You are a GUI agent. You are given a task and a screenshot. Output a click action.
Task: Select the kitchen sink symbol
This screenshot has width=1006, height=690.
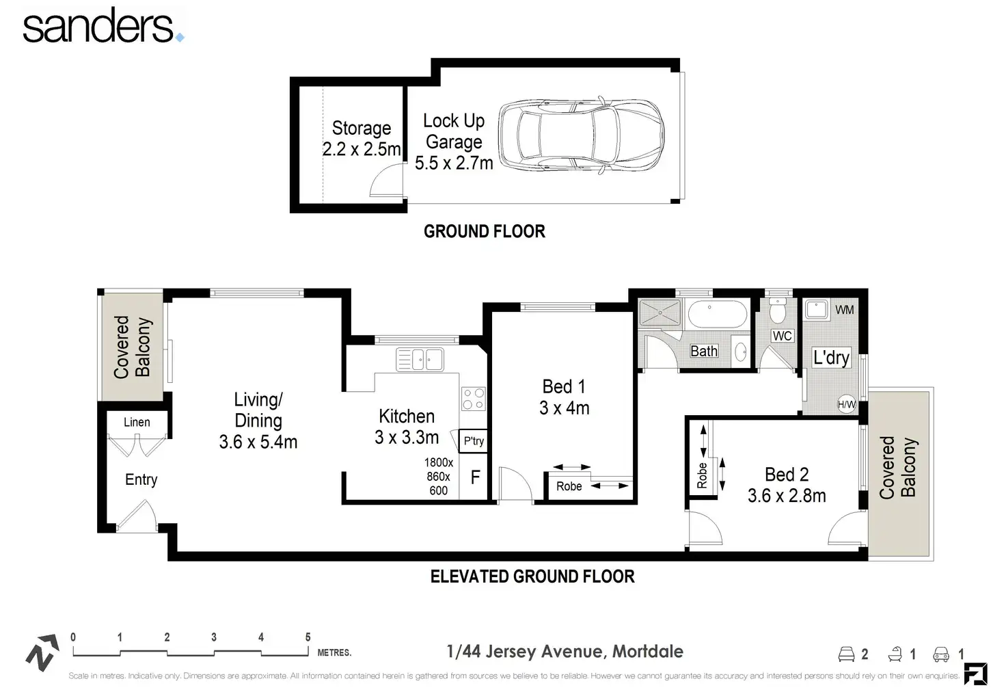click(420, 360)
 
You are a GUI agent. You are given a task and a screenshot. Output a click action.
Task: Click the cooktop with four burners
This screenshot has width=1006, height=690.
click(474, 399)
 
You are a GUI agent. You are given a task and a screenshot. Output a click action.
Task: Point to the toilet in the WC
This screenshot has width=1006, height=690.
click(778, 310)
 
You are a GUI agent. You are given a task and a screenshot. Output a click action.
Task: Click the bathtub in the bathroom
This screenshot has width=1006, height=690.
click(717, 314)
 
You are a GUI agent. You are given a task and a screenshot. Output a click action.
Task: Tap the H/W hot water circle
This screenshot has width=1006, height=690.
click(847, 405)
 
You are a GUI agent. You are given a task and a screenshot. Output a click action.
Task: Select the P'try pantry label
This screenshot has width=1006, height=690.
click(474, 441)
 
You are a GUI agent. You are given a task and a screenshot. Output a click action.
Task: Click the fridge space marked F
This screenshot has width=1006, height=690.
click(475, 477)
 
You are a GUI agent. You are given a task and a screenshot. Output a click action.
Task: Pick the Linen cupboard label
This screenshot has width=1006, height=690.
click(137, 422)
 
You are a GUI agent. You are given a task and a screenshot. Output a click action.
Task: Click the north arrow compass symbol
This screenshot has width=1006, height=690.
click(42, 652)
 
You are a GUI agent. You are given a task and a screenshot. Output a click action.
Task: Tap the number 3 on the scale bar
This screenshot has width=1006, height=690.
click(214, 637)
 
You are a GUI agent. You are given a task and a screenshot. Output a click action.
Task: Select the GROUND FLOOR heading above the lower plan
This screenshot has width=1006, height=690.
click(485, 232)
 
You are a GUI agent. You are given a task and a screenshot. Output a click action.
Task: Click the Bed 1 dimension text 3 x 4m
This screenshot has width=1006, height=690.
click(565, 408)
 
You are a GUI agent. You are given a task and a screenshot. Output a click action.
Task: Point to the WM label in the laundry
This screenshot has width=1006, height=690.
click(845, 310)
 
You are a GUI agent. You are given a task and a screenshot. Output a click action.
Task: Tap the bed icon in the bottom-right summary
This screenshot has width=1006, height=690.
click(847, 654)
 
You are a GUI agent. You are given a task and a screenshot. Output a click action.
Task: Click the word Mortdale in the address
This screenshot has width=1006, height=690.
click(648, 651)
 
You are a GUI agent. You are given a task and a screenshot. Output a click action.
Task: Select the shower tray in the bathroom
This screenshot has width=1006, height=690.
click(660, 313)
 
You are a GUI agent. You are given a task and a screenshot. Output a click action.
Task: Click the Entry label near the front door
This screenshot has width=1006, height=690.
click(141, 479)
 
